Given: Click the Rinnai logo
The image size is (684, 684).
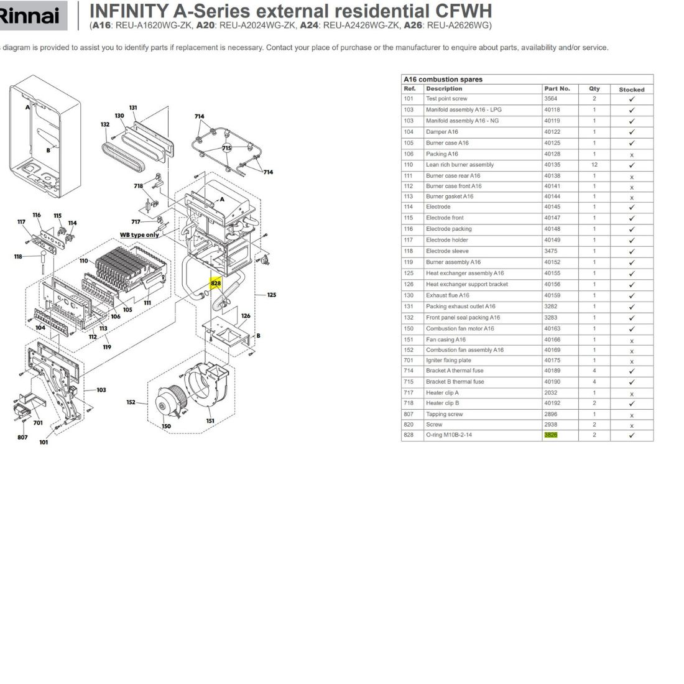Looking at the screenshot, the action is [30, 16].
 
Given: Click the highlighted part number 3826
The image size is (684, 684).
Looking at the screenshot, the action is [550, 435].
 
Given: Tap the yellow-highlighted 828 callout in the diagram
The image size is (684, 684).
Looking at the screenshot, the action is [216, 283].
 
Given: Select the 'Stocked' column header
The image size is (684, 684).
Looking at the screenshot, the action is [631, 90].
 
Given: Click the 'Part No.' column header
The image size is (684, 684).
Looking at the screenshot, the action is [557, 88].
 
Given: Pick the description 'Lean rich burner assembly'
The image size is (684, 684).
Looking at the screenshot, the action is [460, 164].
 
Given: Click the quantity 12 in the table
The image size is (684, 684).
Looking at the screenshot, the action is [594, 165].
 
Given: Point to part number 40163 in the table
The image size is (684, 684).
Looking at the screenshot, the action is [552, 328].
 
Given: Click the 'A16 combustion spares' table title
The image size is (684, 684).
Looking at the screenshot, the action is [443, 80].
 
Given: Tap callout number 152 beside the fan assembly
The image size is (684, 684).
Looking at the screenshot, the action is [131, 402].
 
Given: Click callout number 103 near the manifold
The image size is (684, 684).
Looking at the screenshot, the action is [101, 390].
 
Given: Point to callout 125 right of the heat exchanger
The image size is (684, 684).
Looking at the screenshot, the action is [271, 295].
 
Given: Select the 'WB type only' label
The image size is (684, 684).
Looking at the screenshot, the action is [139, 234].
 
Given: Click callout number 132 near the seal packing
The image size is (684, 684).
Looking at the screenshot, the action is [105, 124].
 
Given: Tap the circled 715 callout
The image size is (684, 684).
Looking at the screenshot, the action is [227, 148].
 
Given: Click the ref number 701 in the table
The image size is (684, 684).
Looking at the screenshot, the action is [409, 360].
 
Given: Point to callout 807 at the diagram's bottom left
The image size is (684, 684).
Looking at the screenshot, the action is [22, 437].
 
